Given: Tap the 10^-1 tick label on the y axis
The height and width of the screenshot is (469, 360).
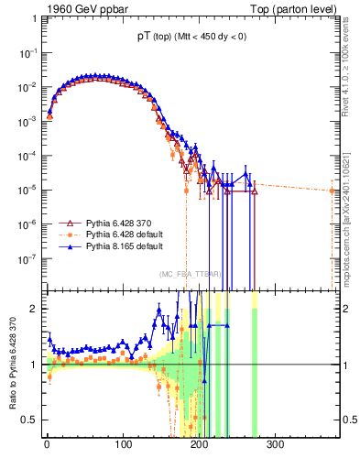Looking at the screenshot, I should tap(25, 53).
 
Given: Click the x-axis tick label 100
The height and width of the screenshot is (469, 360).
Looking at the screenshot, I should tap(123, 444).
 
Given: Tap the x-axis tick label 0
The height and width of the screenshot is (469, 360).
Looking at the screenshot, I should tap(47, 444).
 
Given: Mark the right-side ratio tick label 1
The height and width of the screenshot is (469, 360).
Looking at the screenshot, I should tap(350, 365).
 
